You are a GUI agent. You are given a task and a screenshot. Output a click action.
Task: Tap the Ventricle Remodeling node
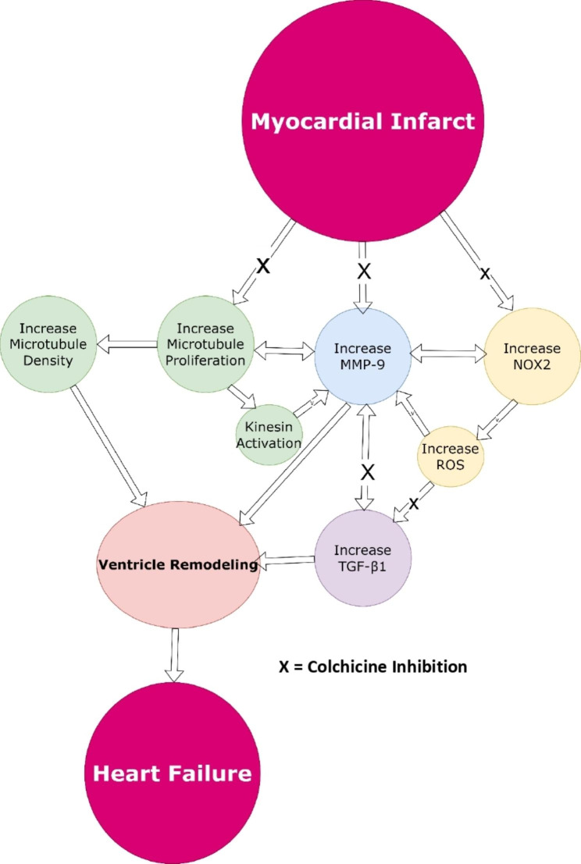pyautogui.click(x=179, y=564)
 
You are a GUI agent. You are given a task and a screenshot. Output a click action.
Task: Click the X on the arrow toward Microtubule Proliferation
pyautogui.click(x=264, y=266)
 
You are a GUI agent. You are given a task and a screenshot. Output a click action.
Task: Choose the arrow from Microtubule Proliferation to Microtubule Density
pyautogui.click(x=127, y=343)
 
